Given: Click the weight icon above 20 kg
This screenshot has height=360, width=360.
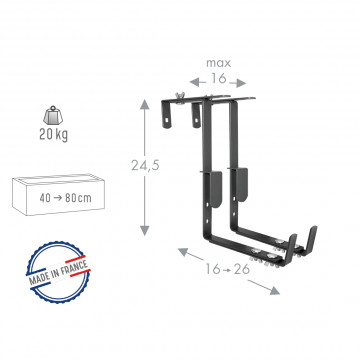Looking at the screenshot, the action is pos(53,115).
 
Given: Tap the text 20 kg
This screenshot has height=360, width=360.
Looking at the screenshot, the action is pos(53,135).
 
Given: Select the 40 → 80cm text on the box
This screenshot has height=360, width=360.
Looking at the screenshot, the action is pos(65,198).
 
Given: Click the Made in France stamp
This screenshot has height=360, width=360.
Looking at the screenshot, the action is pos(58,272).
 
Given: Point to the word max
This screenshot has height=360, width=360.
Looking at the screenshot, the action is pos(218,63).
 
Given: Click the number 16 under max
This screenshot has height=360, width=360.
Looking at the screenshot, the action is pos(218,79).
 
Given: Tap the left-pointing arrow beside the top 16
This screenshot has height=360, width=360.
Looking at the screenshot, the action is pos(197,82).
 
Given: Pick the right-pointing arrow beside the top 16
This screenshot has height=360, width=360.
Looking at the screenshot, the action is pos(238,83).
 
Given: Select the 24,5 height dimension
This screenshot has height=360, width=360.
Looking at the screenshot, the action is pos(145,165).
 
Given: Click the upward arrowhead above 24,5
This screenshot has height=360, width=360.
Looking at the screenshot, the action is pos(144,105).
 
